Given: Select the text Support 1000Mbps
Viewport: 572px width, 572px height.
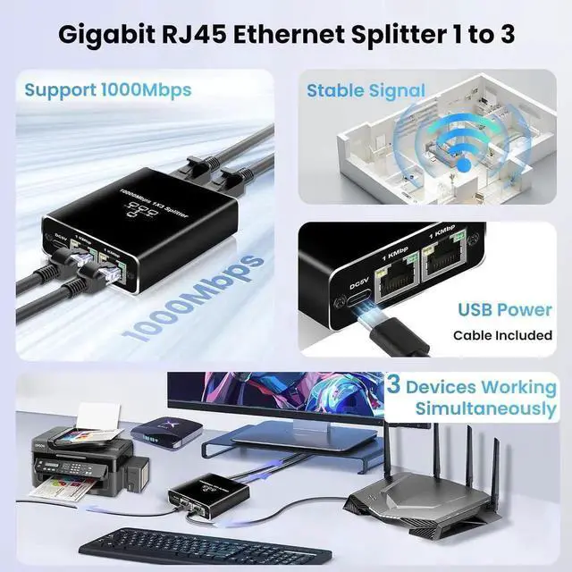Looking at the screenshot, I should point(108,89).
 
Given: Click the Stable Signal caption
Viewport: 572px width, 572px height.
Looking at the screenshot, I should point(366,90).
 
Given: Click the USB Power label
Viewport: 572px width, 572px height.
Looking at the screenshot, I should point(505,310).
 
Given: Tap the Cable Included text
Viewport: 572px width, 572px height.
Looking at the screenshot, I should point(502,336).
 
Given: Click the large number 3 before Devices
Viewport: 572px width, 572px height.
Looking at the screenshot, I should point(392,386).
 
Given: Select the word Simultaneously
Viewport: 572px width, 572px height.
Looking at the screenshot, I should point(485,409).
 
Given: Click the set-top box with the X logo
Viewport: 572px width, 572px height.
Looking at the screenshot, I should point(163,433).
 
